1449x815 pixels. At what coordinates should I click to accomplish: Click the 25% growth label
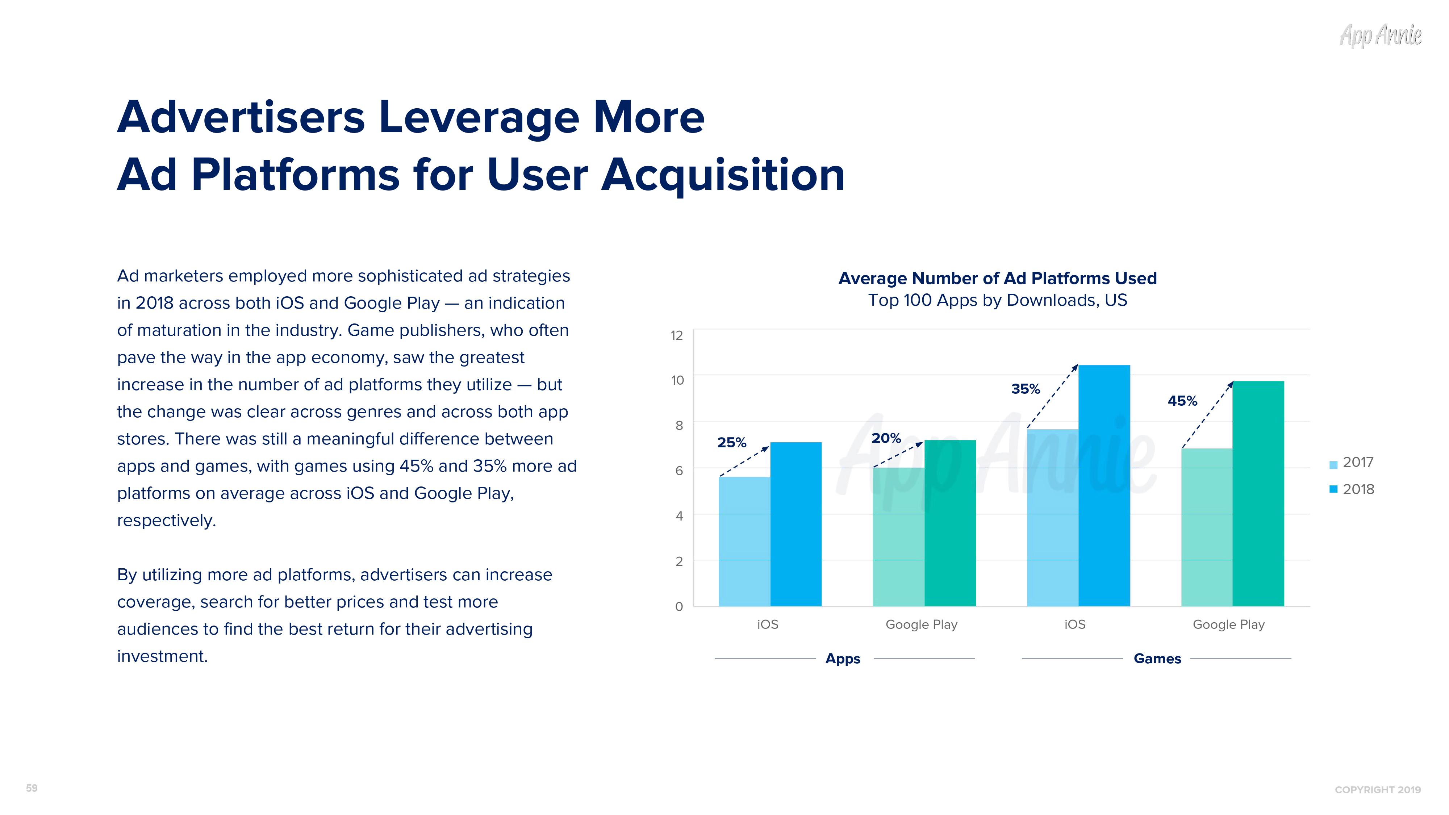731,443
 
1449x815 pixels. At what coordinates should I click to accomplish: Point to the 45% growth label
1182,401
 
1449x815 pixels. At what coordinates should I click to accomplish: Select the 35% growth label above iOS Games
1026,389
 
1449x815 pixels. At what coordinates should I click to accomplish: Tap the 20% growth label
886,438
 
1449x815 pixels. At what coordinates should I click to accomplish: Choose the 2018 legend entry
1351,489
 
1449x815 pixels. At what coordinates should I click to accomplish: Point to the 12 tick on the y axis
677,336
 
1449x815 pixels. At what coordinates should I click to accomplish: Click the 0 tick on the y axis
679,607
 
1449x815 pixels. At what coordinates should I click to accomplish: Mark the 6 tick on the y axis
679,471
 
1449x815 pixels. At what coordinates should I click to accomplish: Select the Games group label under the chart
1157,659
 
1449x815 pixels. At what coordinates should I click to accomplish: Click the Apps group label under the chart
843,659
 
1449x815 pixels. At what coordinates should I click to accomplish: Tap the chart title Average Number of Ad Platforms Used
997,279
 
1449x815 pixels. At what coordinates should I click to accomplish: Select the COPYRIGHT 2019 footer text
1378,790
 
